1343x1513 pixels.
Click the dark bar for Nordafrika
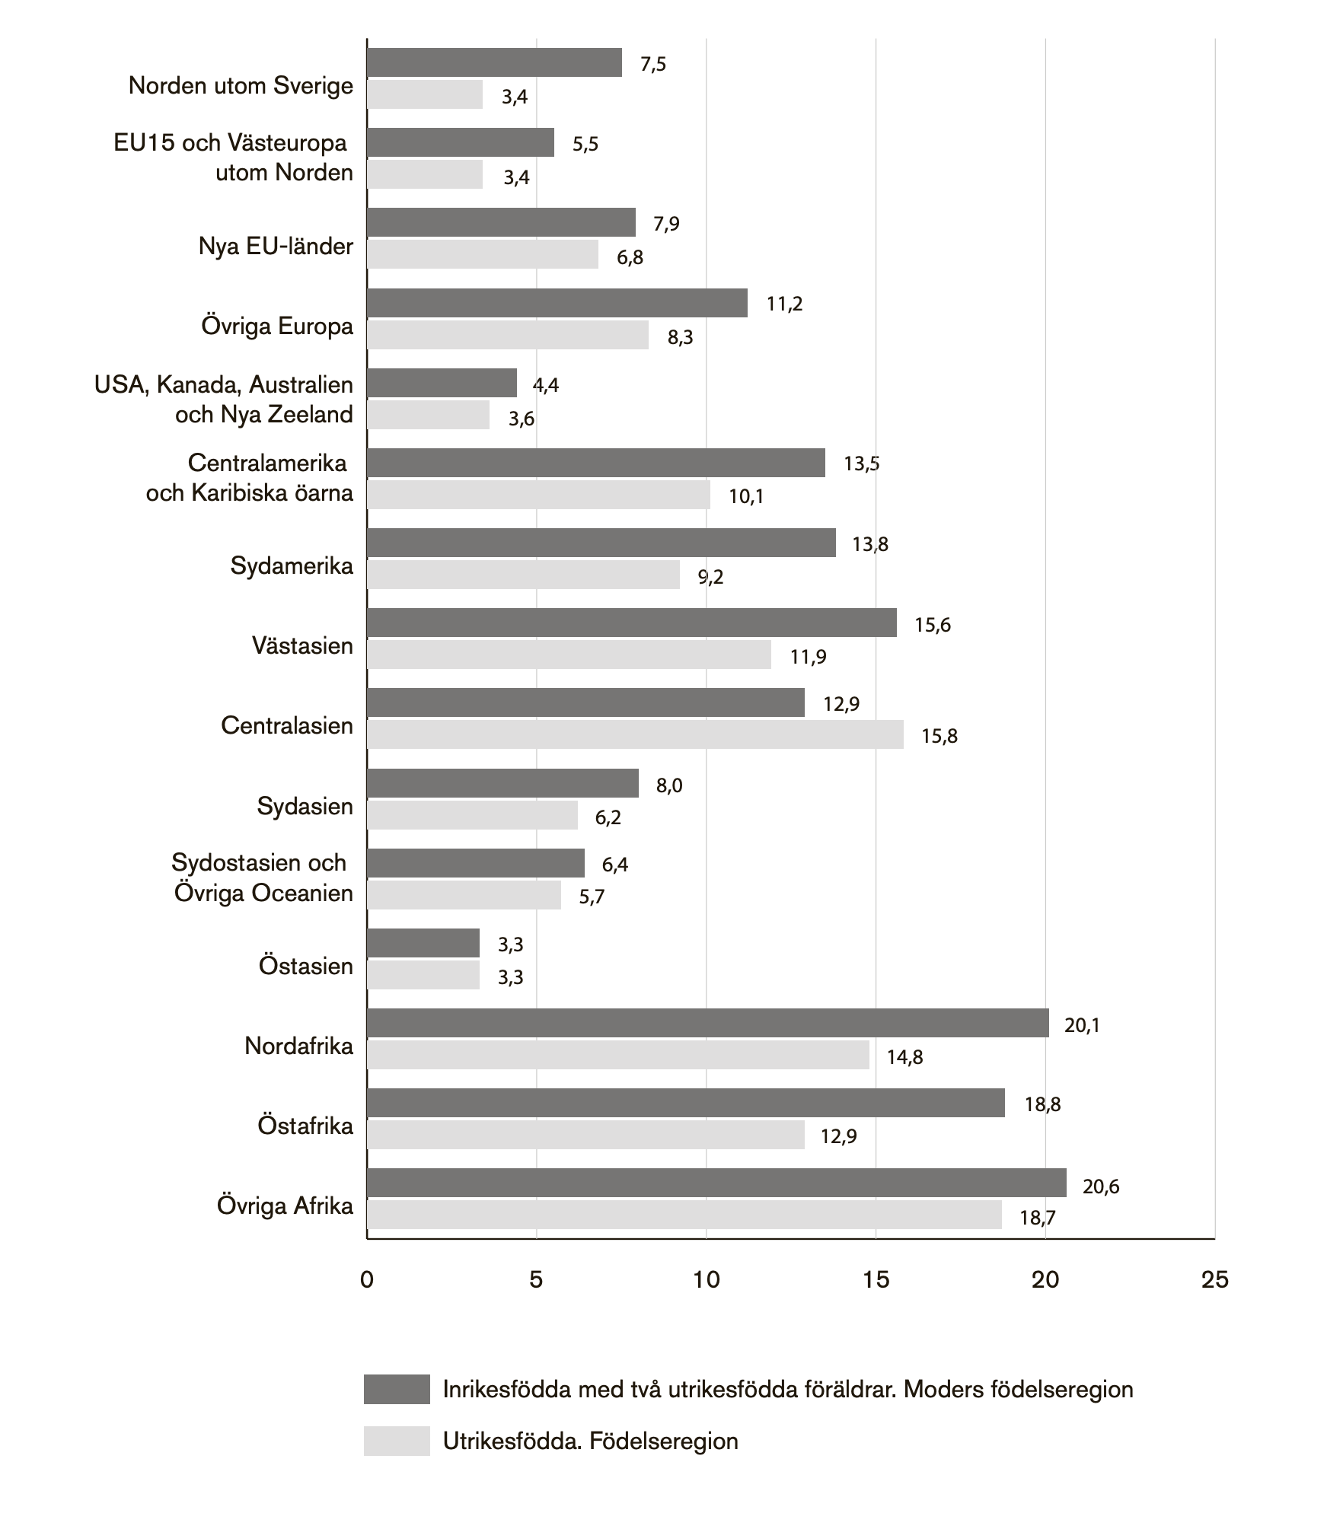[707, 1023]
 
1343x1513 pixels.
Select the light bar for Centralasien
[635, 734]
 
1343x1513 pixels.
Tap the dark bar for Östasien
[423, 943]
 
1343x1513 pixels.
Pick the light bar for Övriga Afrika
[684, 1215]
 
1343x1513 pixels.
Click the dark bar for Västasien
[631, 623]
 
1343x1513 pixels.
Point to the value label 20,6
[1100, 1187]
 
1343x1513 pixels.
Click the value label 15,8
[939, 736]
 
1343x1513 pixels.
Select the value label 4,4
[545, 385]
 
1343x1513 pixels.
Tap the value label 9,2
[711, 577]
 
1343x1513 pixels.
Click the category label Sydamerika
[292, 566]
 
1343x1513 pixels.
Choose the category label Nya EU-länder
[276, 247]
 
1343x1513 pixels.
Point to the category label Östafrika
[305, 1126]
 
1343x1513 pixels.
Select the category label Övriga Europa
[277, 326]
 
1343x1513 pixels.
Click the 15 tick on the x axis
[876, 1280]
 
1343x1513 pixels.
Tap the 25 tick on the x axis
[1214, 1280]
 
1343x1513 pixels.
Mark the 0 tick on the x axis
[367, 1280]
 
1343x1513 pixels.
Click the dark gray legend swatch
[397, 1389]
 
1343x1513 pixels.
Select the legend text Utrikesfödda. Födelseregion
[590, 1441]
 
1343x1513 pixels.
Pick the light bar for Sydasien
[472, 815]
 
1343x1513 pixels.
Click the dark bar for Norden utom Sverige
[494, 62]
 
